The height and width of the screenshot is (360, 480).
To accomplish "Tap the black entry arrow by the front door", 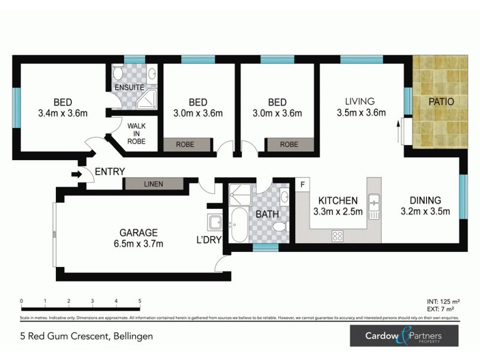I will (76, 175).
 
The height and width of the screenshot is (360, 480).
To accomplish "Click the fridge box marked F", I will (302, 184).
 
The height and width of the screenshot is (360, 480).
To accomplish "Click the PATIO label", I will (440, 101).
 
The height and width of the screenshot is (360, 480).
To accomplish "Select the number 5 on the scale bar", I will (140, 301).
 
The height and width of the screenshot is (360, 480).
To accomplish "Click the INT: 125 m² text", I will (439, 302).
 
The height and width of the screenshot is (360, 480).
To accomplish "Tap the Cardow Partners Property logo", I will (404, 336).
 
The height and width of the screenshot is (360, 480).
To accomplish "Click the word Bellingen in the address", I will (132, 337).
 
